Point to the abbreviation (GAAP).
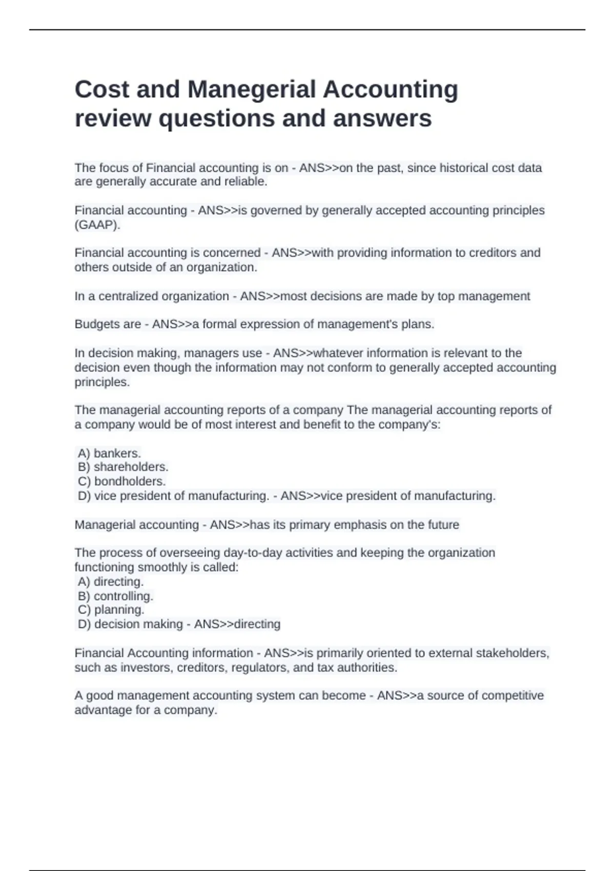click(97, 225)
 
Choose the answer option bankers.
click(117, 453)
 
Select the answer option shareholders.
click(131, 467)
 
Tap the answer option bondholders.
click(130, 482)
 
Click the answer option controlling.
click(123, 596)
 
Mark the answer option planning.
click(119, 610)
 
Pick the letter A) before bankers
click(84, 453)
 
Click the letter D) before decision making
click(84, 624)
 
